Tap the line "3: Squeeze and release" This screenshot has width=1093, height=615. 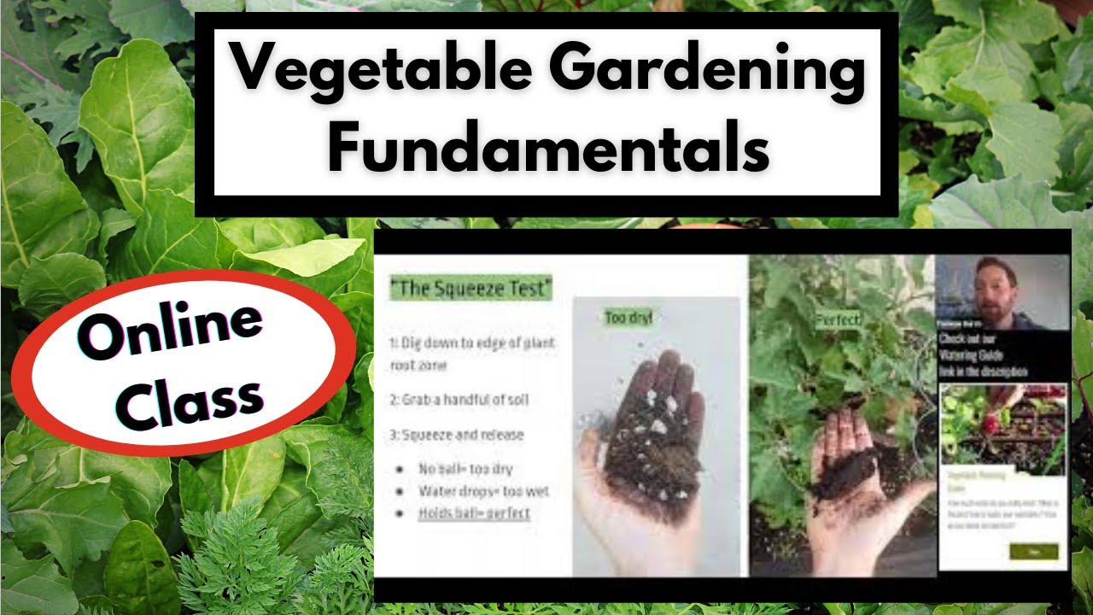coord(457,435)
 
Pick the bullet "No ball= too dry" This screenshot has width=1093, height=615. coord(465,469)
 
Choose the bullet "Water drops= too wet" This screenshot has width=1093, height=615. coord(483,491)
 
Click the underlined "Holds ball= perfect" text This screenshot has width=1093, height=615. coord(474,513)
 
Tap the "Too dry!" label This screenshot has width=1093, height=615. coord(628,318)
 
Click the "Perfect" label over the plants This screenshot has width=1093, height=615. coord(838,320)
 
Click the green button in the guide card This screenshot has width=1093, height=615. coord(1033,551)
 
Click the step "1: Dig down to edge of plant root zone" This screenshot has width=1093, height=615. coord(471,354)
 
